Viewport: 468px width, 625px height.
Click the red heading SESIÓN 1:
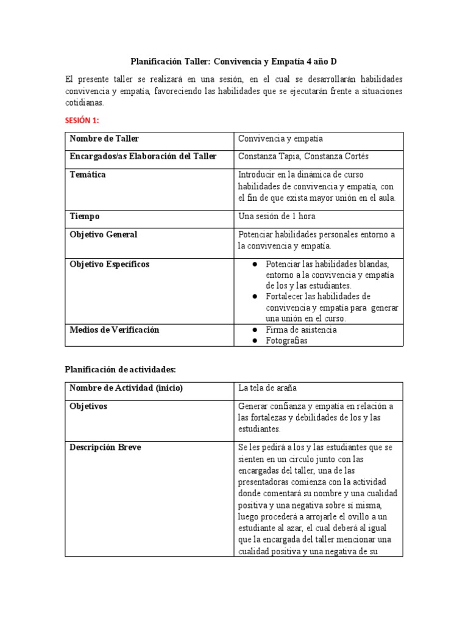point(82,120)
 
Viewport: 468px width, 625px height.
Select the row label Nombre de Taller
point(104,139)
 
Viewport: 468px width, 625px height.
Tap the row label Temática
point(88,175)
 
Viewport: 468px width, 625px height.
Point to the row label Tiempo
point(85,217)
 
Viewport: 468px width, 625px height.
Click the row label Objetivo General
point(104,234)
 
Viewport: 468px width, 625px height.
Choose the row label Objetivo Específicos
point(110,264)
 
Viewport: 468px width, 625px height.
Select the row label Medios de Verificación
point(115,330)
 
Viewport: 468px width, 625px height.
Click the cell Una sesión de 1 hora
point(277,217)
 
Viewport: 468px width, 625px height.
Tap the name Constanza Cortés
point(351,157)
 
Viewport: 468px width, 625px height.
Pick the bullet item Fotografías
point(286,341)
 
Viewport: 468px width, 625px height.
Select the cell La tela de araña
point(268,388)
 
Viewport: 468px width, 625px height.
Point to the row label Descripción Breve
point(105,447)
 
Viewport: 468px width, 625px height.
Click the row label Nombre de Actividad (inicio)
point(126,388)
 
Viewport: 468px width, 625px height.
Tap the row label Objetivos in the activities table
point(88,406)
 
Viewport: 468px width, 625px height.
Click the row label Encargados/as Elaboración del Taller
point(143,157)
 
